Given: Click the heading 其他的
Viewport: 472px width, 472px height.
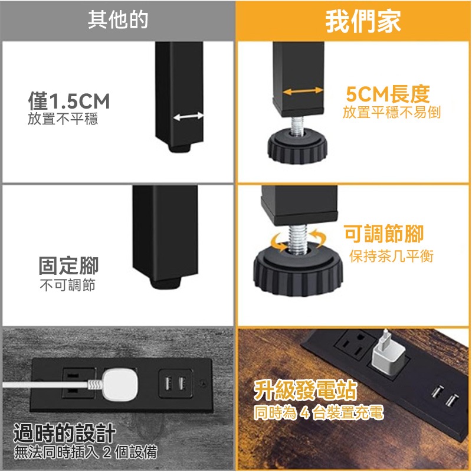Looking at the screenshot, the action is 118,20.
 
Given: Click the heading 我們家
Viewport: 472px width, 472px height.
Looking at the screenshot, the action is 363,21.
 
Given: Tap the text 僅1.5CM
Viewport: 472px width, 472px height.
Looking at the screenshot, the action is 69,101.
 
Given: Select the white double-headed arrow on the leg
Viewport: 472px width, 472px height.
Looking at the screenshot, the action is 188,117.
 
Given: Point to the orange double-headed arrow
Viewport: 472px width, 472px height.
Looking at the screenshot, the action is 303,91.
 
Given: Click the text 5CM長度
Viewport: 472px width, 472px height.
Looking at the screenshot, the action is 388,94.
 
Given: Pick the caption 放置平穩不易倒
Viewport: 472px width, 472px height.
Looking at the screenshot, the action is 391,112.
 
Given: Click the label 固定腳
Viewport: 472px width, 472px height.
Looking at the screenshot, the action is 68,265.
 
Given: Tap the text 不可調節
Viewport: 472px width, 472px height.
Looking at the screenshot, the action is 68,285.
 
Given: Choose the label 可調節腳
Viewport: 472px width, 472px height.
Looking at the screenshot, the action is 384,234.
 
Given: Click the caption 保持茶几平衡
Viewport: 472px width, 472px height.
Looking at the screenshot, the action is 391,256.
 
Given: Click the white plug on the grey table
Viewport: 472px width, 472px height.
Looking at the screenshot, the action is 120,385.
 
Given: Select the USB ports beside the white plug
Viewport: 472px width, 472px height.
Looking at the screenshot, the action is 175,383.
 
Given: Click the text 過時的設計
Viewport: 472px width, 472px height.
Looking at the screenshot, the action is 64,433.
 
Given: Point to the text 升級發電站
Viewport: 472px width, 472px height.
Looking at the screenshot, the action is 305,390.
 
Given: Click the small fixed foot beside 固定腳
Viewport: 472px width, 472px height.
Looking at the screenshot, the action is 166,283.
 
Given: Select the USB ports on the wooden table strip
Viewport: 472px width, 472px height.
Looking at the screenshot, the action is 445,396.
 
